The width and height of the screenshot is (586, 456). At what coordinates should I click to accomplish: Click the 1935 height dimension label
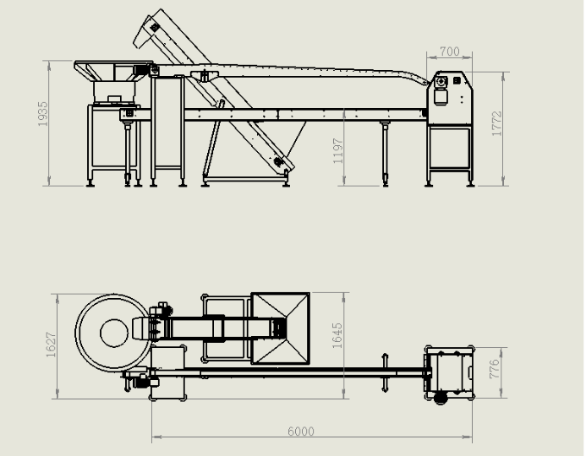pyautogui.click(x=43, y=114)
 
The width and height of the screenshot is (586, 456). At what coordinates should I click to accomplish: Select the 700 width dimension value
pyautogui.click(x=450, y=52)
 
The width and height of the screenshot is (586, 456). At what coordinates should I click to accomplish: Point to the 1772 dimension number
pyautogui.click(x=496, y=123)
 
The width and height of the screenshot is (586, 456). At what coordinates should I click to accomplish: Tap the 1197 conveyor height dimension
pyautogui.click(x=338, y=151)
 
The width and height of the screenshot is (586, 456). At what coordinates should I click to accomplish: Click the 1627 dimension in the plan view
pyautogui.click(x=51, y=345)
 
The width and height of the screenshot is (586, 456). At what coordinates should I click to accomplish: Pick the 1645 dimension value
pyautogui.click(x=337, y=336)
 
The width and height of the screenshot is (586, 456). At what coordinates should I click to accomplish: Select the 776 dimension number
pyautogui.click(x=494, y=369)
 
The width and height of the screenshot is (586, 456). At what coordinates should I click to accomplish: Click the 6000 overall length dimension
pyautogui.click(x=301, y=432)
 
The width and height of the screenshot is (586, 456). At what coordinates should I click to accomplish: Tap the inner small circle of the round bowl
pyautogui.click(x=114, y=334)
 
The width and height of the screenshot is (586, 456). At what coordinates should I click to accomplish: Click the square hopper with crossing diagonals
pyautogui.click(x=280, y=328)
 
